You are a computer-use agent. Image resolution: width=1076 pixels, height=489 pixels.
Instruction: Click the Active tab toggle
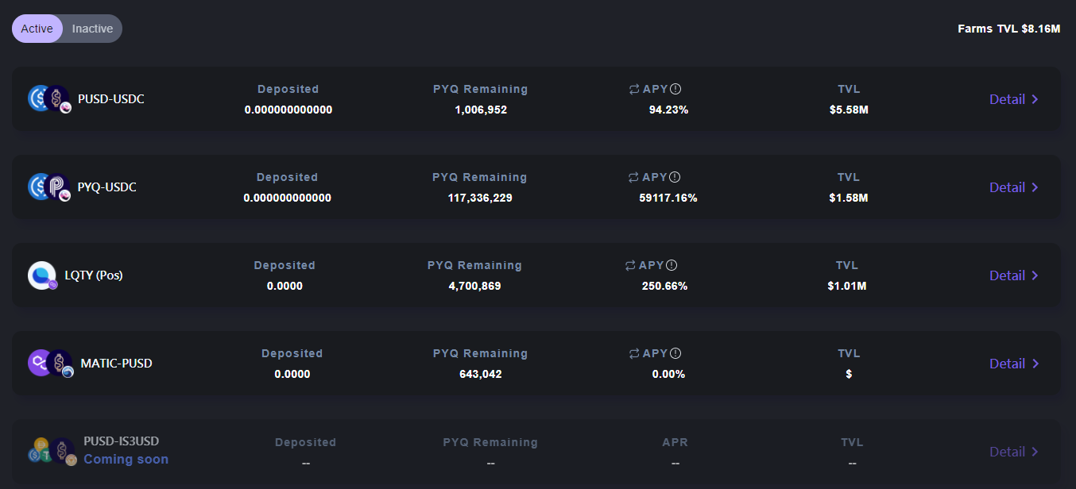(37, 29)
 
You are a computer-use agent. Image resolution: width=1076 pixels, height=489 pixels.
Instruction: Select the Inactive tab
(92, 29)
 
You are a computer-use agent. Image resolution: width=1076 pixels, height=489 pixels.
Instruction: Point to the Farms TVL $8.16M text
(1008, 29)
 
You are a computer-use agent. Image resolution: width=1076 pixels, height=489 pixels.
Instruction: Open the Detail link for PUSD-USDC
(1013, 99)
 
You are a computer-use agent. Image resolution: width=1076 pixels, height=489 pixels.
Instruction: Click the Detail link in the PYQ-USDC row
(1013, 187)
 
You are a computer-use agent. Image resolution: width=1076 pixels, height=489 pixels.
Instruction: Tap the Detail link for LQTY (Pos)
(1013, 275)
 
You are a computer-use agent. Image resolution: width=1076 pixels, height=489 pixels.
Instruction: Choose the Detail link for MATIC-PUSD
(1013, 364)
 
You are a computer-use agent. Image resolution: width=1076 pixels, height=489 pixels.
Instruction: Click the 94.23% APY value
(668, 110)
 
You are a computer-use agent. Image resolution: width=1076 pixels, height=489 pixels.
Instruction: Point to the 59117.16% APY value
(668, 198)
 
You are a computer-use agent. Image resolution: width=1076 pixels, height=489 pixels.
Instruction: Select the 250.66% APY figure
(664, 286)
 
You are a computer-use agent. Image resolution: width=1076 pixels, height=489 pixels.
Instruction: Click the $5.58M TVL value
(849, 110)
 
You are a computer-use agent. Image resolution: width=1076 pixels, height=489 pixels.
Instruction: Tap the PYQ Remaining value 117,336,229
(480, 198)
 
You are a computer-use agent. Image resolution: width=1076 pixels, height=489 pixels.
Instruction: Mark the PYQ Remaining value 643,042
(480, 374)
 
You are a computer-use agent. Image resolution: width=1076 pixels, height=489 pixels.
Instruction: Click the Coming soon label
(126, 460)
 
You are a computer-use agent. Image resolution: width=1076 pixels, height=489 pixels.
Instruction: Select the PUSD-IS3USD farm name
(121, 441)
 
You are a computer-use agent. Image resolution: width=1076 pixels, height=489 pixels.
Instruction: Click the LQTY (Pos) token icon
(42, 275)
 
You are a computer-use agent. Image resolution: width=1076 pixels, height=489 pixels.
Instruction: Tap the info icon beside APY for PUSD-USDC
(675, 89)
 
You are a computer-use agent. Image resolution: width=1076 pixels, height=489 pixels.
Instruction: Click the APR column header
(675, 442)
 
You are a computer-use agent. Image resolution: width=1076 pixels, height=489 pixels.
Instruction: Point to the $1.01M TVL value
(847, 286)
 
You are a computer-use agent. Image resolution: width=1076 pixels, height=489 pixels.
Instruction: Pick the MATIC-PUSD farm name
(116, 364)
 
